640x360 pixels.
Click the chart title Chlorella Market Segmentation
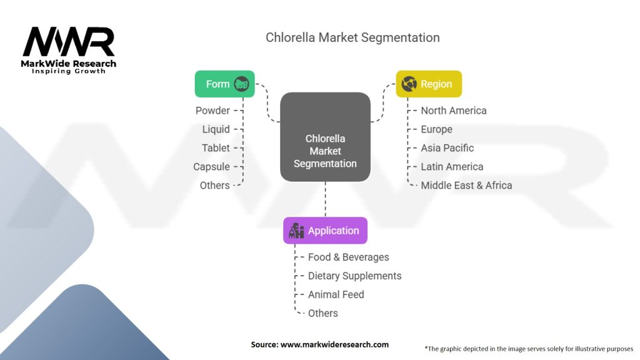352,37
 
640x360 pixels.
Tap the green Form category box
224,84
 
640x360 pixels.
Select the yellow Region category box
429,84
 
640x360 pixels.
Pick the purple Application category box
325,231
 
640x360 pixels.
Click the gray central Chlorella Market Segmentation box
325,137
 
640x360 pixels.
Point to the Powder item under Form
212,111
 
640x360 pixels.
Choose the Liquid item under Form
216,129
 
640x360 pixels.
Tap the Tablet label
216,148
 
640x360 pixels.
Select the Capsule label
211,167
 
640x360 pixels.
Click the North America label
453,111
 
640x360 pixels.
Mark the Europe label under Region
436,129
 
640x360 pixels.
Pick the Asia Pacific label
447,148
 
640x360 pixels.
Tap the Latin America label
452,167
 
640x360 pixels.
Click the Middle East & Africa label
466,186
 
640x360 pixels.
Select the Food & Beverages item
348,257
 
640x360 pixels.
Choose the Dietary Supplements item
354,276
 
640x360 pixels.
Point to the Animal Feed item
336,295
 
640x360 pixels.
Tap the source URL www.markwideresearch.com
320,344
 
